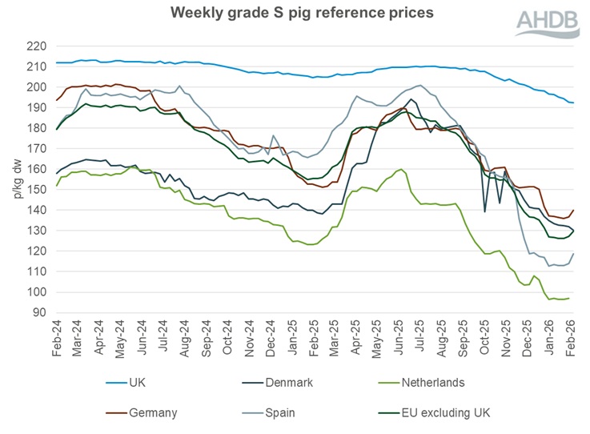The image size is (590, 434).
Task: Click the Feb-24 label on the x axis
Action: coord(56,340)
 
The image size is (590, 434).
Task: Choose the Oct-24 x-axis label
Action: coord(227,340)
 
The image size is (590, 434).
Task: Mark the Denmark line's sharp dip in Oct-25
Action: coord(485,211)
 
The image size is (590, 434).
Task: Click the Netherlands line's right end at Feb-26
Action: coord(569,298)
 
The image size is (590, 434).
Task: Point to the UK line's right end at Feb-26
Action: coord(573,102)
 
